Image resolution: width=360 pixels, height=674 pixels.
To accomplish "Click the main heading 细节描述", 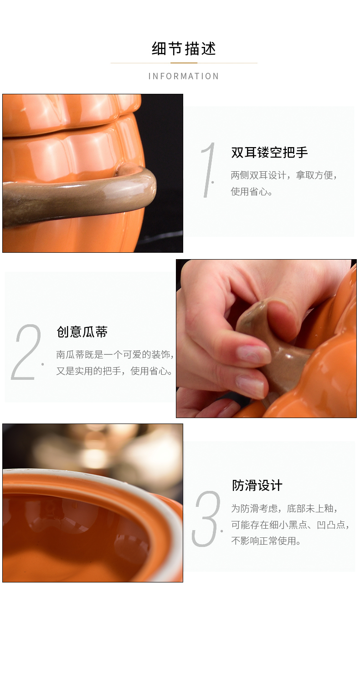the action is click(x=184, y=49).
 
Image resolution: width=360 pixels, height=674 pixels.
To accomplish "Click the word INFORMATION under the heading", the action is click(x=184, y=77).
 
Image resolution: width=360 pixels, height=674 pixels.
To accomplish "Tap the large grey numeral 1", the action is click(x=208, y=170).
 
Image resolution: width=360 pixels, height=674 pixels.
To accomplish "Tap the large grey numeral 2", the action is click(x=26, y=352).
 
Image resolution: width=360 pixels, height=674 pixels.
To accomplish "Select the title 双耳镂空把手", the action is click(x=269, y=152).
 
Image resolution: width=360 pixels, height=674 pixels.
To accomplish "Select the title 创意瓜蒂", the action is click(x=82, y=332).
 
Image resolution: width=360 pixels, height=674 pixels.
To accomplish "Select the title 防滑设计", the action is click(x=257, y=485).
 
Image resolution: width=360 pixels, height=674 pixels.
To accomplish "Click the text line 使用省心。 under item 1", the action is click(x=252, y=191).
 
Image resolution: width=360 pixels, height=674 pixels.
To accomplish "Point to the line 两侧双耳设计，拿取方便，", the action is click(x=284, y=175).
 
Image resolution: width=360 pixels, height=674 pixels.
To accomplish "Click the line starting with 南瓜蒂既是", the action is click(x=115, y=355).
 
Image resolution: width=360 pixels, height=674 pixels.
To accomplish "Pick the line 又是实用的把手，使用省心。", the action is click(x=114, y=371).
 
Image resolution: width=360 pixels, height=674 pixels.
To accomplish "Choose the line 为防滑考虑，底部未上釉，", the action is click(x=284, y=509).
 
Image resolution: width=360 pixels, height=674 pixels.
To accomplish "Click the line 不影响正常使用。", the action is click(x=266, y=541).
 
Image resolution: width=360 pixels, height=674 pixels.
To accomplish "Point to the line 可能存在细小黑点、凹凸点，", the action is click(x=290, y=525).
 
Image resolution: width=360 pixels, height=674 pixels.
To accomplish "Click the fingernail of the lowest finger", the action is click(x=250, y=385).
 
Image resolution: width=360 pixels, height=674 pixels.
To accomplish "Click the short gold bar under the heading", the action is click(x=184, y=63).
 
